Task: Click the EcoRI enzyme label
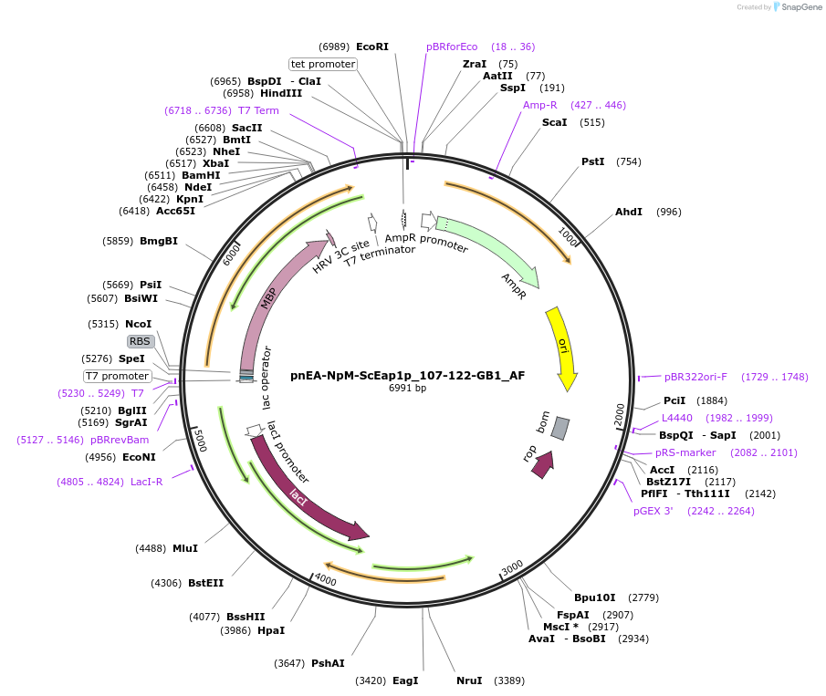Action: pos(372,47)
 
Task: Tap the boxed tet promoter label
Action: pos(322,64)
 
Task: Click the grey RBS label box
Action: pos(140,341)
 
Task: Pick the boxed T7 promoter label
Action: pos(117,376)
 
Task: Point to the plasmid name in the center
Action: pos(407,375)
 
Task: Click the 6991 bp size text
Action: pos(407,389)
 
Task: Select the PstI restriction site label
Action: pos(593,161)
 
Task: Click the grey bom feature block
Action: pos(560,427)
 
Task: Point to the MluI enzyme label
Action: pos(185,548)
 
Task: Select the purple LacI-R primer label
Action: pos(146,482)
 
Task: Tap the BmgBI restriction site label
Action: pos(159,241)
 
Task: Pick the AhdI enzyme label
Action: pos(629,212)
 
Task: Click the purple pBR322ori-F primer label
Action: pos(695,377)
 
